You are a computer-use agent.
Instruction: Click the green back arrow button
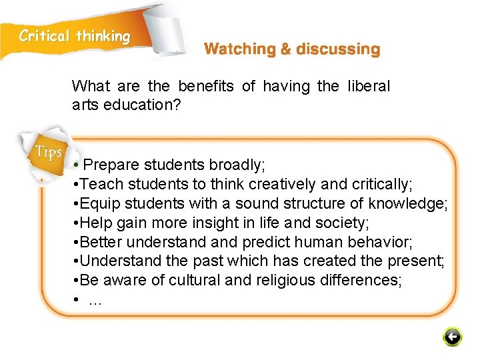(x=452, y=337)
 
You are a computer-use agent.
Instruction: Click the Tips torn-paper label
(x=49, y=152)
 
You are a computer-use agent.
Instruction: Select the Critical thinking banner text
(x=75, y=36)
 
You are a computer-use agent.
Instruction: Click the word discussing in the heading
(x=338, y=49)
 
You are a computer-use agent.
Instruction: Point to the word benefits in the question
(x=206, y=86)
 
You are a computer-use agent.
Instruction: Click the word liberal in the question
(x=369, y=86)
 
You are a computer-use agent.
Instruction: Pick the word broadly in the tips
(x=237, y=164)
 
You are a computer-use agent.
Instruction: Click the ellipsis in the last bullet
(x=95, y=300)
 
